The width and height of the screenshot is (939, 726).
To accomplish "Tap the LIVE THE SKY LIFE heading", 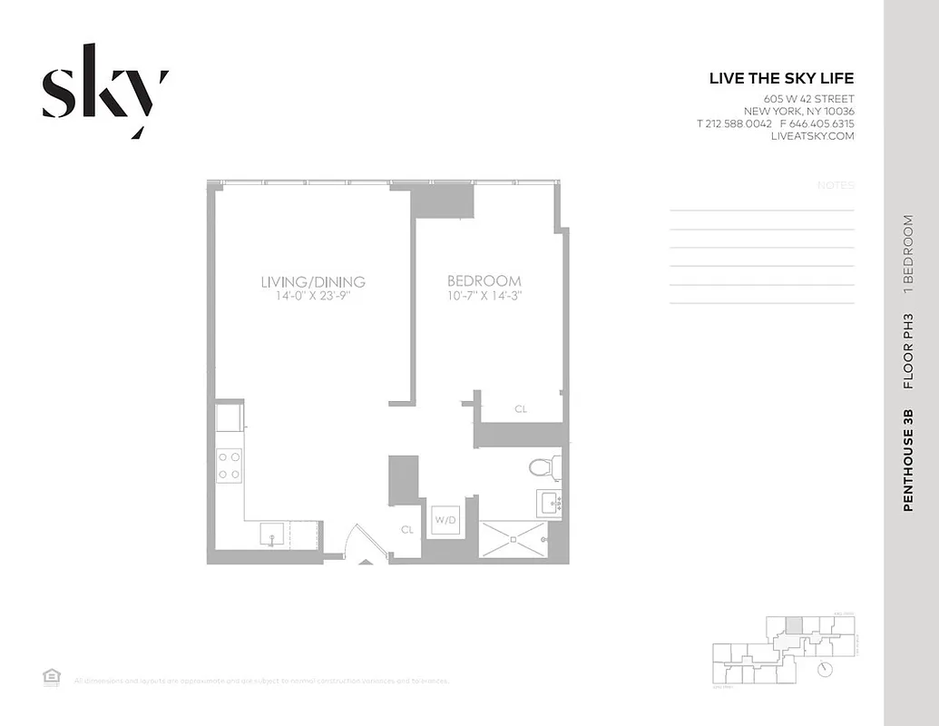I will (781, 79).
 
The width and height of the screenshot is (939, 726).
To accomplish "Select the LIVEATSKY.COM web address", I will (812, 135).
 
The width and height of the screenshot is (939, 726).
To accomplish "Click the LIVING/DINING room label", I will (312, 281).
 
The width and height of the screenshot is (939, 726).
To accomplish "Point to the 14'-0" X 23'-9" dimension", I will (312, 296).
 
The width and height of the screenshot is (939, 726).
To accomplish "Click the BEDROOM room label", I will (484, 281).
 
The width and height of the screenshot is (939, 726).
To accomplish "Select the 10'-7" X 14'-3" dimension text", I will (484, 296).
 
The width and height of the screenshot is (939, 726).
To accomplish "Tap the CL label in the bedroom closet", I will (521, 409).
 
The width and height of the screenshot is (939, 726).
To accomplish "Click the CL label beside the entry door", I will (407, 529).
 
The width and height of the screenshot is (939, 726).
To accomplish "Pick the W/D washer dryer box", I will (445, 521).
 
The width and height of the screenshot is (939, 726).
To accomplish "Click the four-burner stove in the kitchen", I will (230, 466).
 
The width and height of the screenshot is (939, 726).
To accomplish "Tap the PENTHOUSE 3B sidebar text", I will (908, 460).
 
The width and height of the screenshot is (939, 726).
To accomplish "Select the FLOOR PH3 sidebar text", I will (908, 351).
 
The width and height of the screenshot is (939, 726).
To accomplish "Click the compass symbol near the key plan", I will (826, 669).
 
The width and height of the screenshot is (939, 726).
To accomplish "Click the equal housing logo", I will (51, 675).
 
